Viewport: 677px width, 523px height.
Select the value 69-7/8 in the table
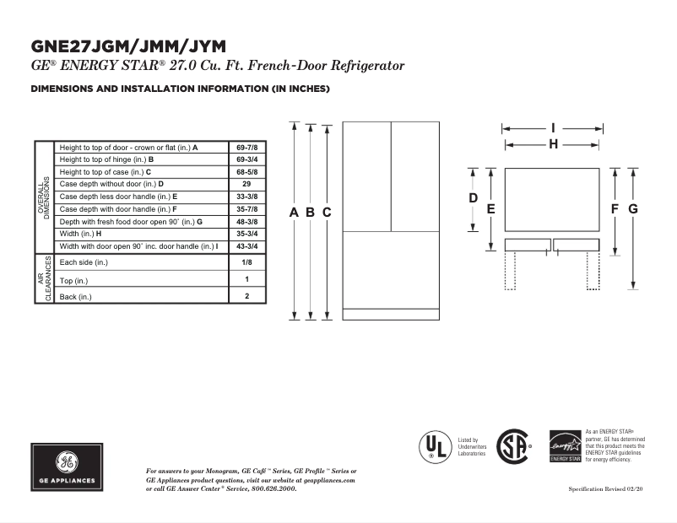tap(246, 147)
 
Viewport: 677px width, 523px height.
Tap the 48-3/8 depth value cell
tap(246, 221)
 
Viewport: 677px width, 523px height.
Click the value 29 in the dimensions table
tap(246, 184)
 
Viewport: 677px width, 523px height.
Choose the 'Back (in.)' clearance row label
tap(76, 296)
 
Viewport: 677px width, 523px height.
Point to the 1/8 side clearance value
tap(246, 262)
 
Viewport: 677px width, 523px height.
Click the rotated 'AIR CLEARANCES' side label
tap(45, 278)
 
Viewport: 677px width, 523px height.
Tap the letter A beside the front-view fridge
tap(294, 213)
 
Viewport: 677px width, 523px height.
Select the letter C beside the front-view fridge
tap(327, 213)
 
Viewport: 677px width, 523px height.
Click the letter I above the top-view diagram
tap(553, 128)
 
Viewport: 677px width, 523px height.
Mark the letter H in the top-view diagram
tap(553, 144)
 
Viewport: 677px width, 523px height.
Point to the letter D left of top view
tap(474, 198)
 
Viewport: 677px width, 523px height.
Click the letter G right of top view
tap(632, 208)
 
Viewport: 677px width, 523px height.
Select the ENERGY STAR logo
tap(566, 446)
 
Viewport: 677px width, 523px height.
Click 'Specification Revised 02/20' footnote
tap(606, 489)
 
